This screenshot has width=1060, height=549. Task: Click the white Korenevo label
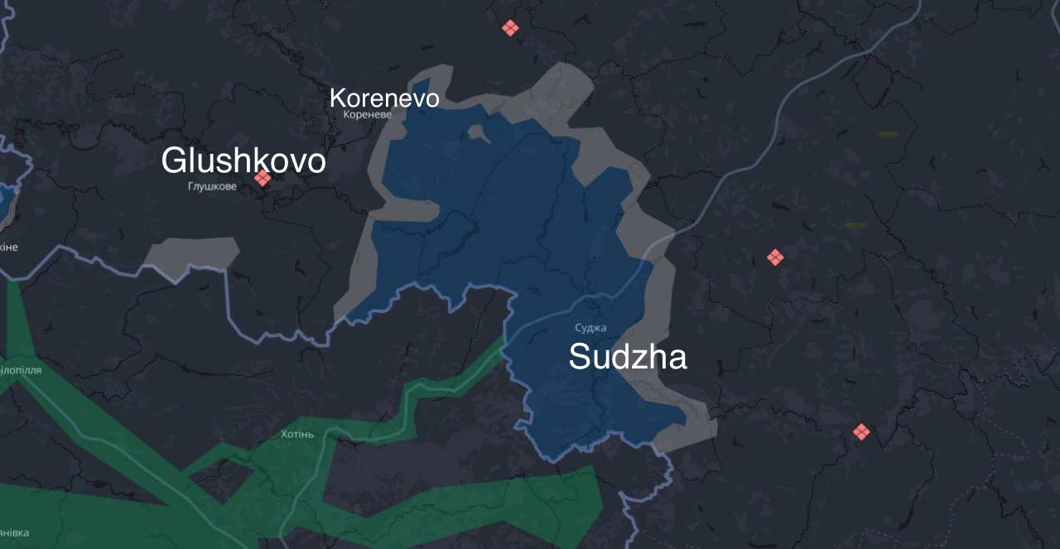(x=384, y=98)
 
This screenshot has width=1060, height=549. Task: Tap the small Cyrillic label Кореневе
(x=367, y=115)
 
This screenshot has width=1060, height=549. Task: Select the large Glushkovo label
(x=243, y=161)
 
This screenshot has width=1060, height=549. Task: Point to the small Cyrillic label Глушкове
(x=212, y=186)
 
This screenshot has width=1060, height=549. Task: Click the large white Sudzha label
(x=628, y=357)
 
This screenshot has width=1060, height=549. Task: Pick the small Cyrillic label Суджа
(x=590, y=328)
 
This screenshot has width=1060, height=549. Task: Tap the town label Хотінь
(x=297, y=434)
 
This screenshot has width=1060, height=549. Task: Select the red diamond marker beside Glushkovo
(x=263, y=178)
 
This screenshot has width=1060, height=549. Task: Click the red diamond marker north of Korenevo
(x=510, y=28)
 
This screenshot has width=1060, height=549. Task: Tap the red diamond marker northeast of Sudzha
(x=775, y=258)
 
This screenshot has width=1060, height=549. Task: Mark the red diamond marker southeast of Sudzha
(x=861, y=431)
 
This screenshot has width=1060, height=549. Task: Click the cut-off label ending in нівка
(x=14, y=532)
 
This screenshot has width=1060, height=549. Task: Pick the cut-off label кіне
(x=8, y=247)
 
